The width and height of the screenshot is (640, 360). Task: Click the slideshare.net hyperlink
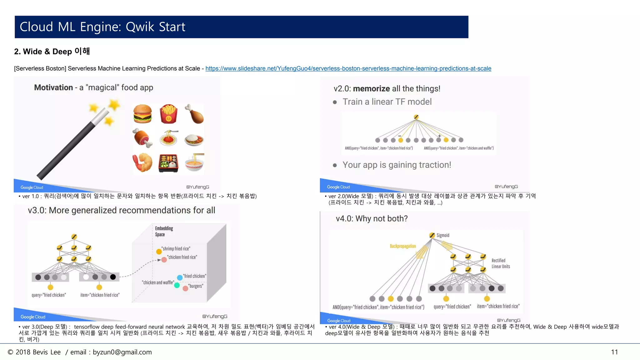tap(348, 68)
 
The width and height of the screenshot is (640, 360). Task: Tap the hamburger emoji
tap(142, 114)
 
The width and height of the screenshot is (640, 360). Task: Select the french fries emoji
tap(168, 114)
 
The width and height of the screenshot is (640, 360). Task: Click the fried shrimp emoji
tap(142, 162)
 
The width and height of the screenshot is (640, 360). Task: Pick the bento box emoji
tap(168, 163)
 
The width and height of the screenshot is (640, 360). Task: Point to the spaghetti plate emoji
tap(168, 138)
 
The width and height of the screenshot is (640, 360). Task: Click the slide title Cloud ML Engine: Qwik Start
tap(102, 27)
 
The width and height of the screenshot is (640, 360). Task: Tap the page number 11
tap(614, 352)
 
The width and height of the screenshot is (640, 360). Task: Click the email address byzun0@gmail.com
tap(122, 352)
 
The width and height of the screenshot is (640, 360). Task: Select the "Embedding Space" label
tap(164, 231)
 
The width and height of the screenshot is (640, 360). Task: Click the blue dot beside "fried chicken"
tap(180, 277)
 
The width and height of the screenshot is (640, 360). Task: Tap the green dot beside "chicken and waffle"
tap(177, 285)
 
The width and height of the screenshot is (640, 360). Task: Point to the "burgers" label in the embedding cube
tap(196, 286)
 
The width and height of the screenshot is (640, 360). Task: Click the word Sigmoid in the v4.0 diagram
tap(443, 235)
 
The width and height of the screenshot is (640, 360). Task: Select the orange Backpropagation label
tap(403, 246)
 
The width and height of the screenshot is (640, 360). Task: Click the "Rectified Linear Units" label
tap(501, 263)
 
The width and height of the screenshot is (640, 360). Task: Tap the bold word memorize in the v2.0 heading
tap(372, 89)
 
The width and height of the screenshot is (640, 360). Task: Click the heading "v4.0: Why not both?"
tap(372, 218)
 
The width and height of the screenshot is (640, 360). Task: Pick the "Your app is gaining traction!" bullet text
tap(397, 165)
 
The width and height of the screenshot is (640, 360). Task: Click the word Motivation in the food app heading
tap(53, 87)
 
